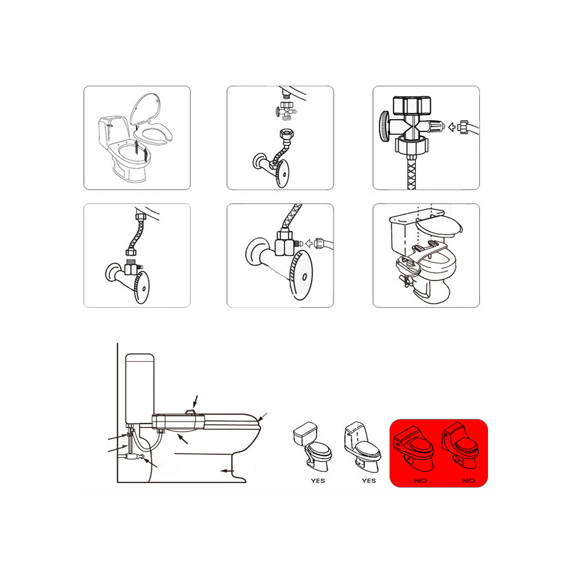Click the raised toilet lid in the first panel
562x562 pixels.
pos(145,108)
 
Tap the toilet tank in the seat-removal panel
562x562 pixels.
pos(113,133)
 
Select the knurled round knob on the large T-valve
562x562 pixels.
pos(384,126)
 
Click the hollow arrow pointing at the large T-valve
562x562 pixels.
pos(452,127)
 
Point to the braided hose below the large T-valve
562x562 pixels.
pos(412,173)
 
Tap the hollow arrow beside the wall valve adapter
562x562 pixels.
pos(309,244)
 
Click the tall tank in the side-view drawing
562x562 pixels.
pos(140,388)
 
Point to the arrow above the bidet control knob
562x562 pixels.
pos(195,401)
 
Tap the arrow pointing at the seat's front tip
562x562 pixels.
pos(262,417)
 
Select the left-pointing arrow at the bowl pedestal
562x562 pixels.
pos(227,471)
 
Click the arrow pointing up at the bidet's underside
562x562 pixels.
pos(182,439)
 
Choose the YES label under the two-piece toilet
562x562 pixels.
pos(318,481)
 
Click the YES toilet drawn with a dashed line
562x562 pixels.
pos(362,447)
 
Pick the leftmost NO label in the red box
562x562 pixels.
pos(421,481)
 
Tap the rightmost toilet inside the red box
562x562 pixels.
pos(460,446)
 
